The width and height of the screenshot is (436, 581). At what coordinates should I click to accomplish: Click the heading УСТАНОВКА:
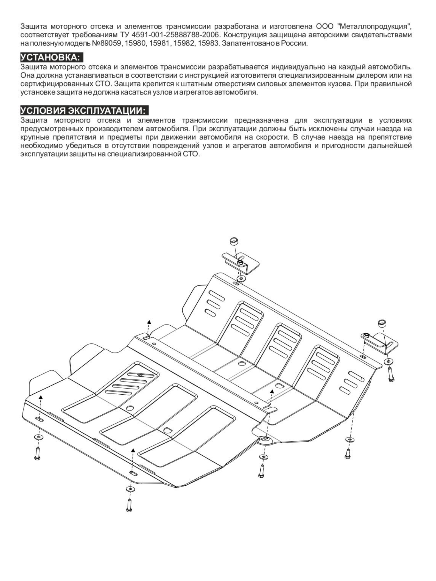pyautogui.click(x=52, y=57)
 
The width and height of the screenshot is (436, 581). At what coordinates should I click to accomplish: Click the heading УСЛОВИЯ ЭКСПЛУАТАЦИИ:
pyautogui.click(x=84, y=111)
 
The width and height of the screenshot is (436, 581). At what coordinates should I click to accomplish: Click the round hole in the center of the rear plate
pyautogui.click(x=242, y=364)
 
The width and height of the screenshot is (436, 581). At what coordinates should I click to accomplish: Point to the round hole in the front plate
pyautogui.click(x=130, y=408)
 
